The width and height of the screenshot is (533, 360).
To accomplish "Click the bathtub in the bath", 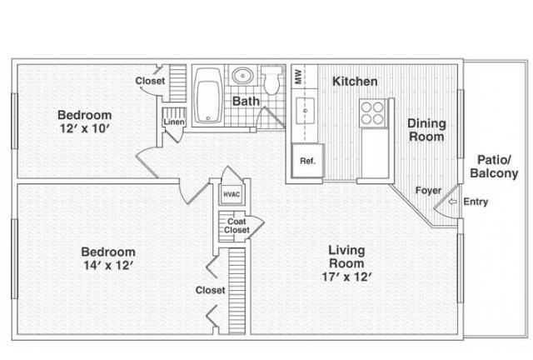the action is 207,96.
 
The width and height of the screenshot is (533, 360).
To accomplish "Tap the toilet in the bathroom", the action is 272,80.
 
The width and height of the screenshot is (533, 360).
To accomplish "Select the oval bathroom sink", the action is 242,75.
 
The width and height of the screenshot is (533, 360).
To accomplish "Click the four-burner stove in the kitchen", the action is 372,113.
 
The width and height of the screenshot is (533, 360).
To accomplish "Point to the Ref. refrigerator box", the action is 307,161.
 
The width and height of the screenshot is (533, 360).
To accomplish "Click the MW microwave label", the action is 298,76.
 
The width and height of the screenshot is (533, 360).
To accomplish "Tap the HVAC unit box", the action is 232,195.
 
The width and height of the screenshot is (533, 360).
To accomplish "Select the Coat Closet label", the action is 237,226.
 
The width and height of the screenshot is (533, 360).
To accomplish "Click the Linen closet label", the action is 174,122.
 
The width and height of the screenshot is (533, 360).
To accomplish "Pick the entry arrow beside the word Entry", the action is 452,202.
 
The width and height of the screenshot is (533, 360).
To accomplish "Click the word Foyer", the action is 428,191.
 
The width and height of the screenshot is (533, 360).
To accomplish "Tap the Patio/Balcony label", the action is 494,167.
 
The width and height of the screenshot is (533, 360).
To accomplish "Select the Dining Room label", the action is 426,130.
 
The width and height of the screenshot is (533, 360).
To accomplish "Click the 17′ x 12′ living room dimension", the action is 346,277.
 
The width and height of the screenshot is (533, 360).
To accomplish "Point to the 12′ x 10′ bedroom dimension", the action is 85,128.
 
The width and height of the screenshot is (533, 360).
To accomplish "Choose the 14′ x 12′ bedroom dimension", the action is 108,265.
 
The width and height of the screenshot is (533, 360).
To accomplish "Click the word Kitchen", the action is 355,82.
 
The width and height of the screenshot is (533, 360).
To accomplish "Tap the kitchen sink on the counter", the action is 306,111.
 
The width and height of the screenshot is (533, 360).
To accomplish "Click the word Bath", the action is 246,101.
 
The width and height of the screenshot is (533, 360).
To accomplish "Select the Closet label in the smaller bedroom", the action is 150,81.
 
